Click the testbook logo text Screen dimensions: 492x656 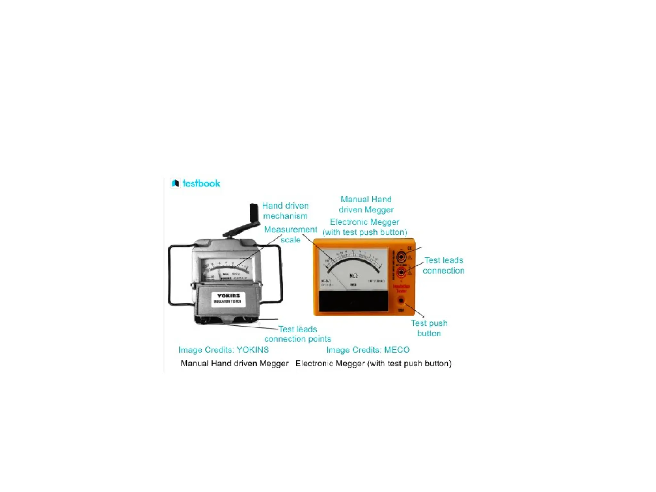201,184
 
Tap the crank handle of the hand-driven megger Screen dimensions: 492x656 254,211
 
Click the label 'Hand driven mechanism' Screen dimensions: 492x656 285,210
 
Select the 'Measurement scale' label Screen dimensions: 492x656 291,234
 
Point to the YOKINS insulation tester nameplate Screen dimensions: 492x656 228,299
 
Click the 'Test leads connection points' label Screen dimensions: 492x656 298,334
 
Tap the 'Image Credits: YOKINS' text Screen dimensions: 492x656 224,349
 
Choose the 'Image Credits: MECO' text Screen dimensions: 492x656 368,349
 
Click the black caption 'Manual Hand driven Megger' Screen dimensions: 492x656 234,363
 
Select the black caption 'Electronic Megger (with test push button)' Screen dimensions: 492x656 373,363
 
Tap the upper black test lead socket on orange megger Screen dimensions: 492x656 401,257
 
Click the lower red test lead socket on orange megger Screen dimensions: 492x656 401,273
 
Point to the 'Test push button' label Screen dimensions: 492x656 429,328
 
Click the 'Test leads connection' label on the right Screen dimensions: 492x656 443,265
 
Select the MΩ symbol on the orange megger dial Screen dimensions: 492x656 353,275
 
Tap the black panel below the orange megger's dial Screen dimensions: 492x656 353,301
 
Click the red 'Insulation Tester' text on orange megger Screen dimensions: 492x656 401,289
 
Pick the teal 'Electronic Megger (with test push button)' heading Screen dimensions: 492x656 365,227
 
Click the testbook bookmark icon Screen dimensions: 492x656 175,183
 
